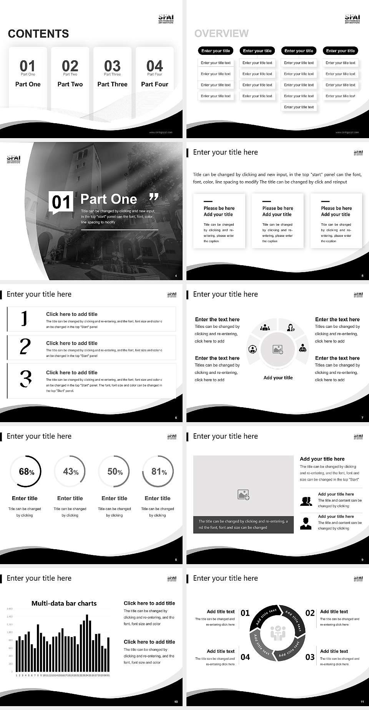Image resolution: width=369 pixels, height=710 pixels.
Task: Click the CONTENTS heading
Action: (38, 34)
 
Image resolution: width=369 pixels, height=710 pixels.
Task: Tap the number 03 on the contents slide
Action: (112, 66)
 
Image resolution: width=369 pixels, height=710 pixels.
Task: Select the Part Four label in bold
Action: (155, 84)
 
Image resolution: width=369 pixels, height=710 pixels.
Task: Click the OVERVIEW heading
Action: (221, 34)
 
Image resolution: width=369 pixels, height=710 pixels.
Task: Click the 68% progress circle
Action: (25, 471)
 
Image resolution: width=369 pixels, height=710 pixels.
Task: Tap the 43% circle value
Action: (70, 471)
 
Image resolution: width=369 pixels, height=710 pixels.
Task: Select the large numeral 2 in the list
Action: (25, 347)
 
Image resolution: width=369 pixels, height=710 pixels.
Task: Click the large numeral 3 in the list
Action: (25, 378)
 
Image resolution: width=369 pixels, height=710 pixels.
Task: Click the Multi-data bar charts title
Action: (64, 603)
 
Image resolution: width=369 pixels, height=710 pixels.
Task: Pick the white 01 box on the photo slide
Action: (61, 202)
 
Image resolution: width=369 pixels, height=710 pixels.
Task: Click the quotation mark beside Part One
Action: (154, 197)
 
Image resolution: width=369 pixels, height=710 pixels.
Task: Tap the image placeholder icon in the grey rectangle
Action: (243, 495)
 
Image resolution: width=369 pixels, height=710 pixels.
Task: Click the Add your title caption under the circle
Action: (278, 378)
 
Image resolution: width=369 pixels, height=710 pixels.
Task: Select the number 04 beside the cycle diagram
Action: (245, 657)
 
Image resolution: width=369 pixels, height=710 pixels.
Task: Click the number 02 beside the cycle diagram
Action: (310, 613)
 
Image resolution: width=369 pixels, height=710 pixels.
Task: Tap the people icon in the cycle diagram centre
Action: (278, 633)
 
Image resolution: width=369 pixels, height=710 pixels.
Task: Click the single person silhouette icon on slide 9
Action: (306, 523)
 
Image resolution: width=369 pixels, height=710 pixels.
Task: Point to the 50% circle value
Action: (115, 471)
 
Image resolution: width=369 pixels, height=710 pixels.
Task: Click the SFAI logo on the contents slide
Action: (166, 18)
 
